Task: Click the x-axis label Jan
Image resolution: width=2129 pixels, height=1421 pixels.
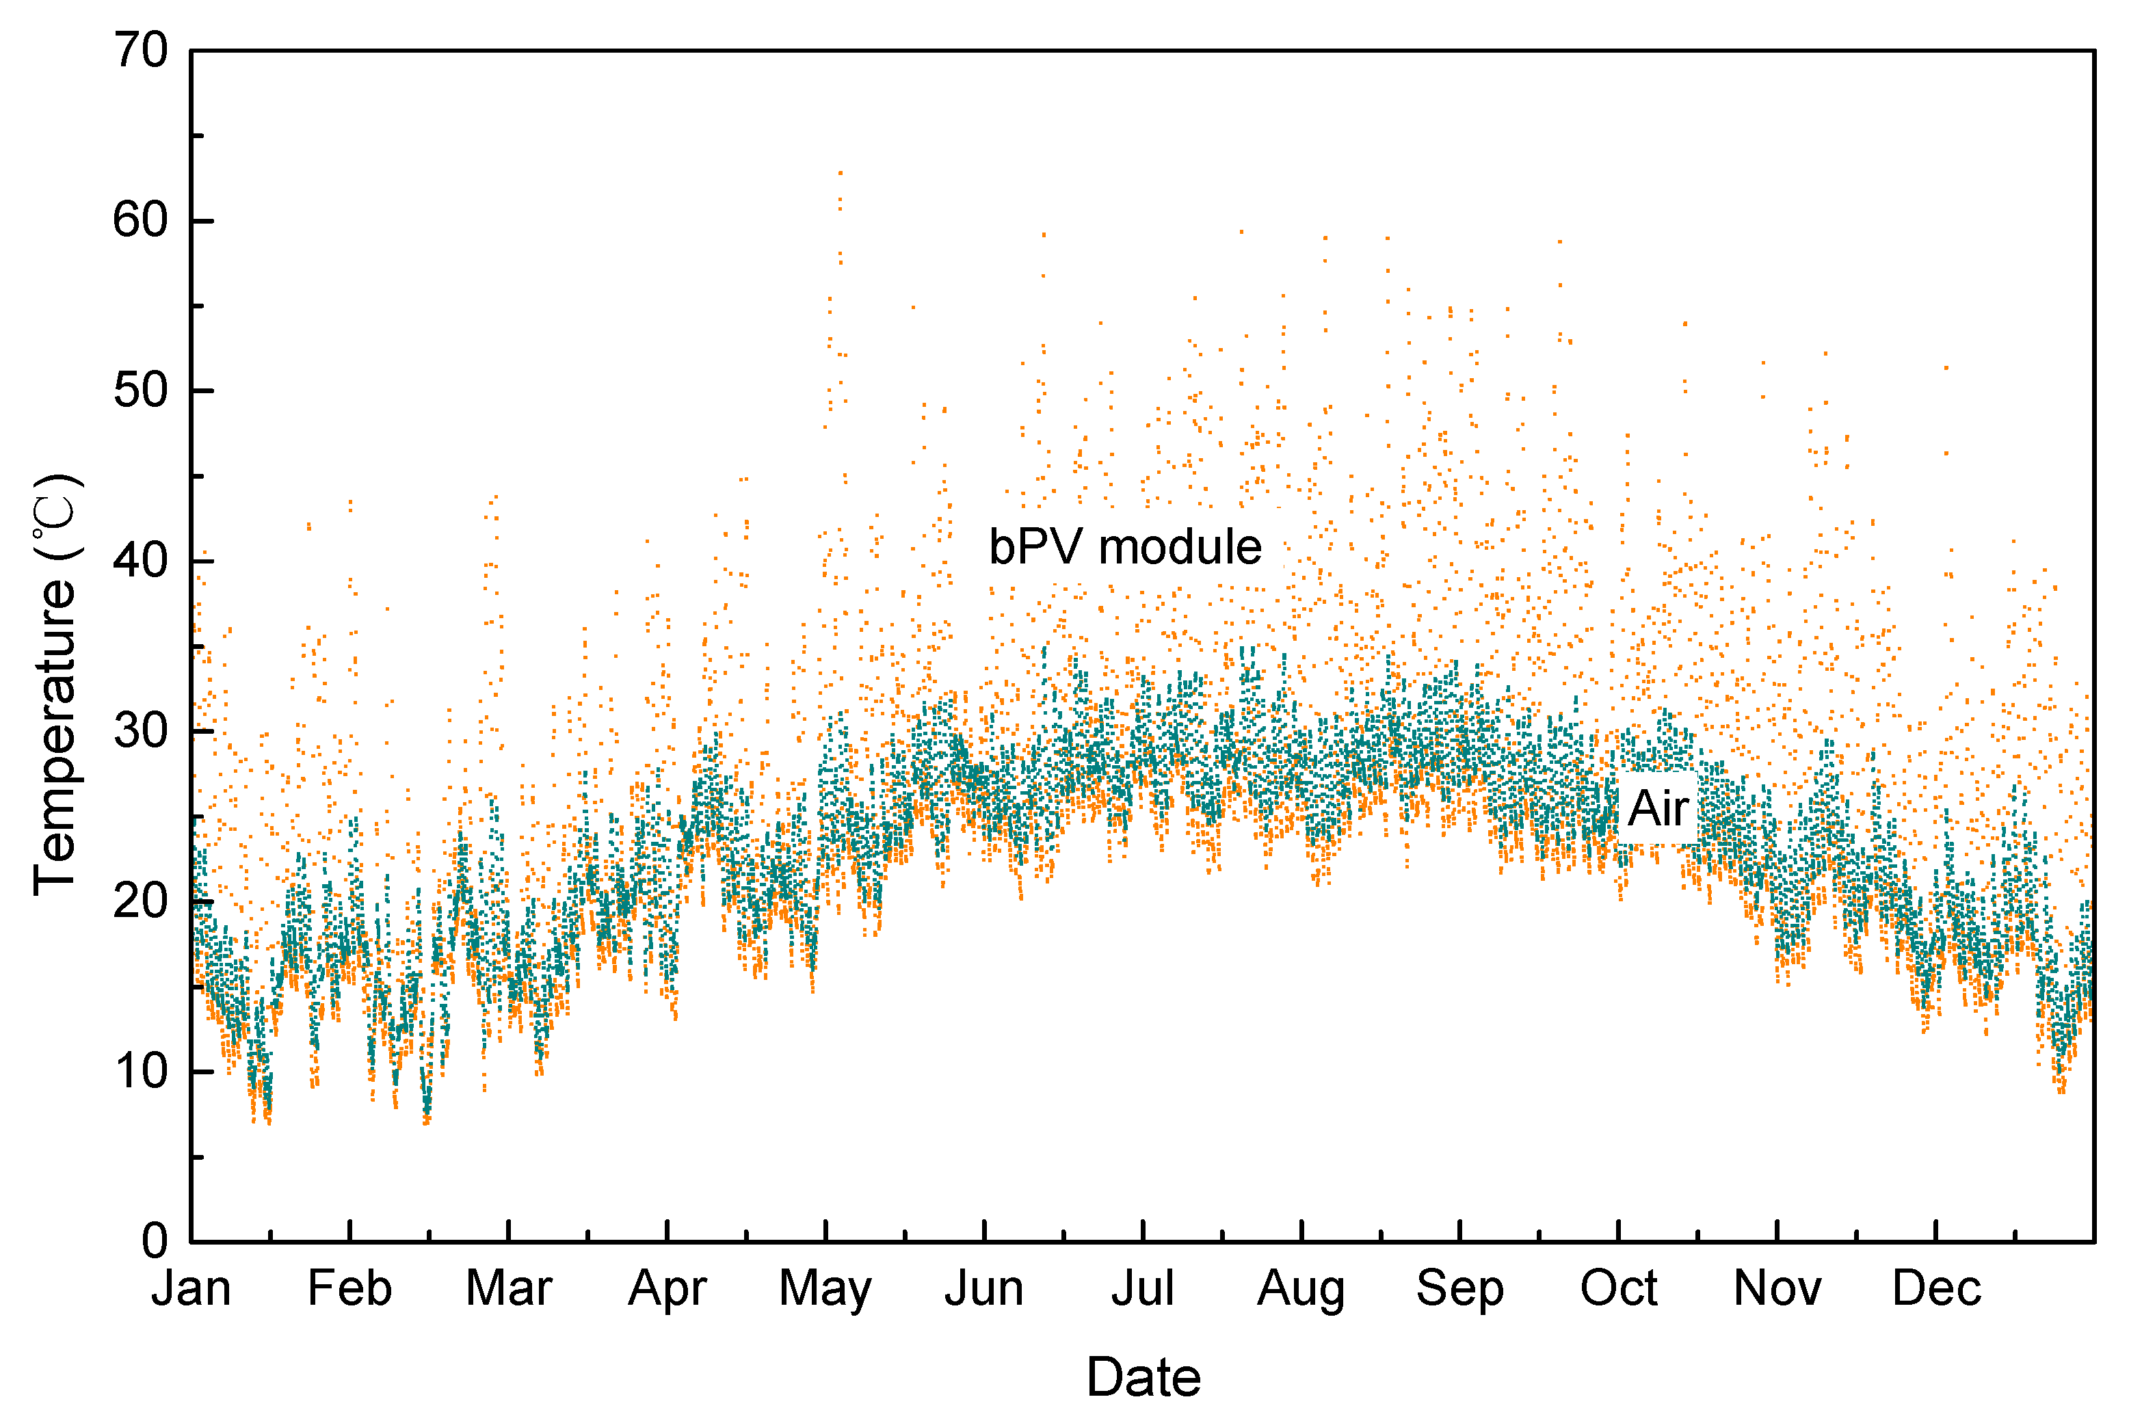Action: pyautogui.click(x=191, y=1288)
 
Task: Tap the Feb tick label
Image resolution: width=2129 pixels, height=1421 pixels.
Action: pyautogui.click(x=350, y=1288)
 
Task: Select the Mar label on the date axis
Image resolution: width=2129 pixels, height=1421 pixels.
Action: pyautogui.click(x=508, y=1288)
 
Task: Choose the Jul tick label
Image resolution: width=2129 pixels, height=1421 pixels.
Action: pyautogui.click(x=1143, y=1288)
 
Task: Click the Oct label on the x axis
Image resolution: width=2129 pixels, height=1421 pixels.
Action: pyautogui.click(x=1619, y=1288)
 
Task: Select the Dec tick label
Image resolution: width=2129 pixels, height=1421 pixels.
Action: pyautogui.click(x=1937, y=1288)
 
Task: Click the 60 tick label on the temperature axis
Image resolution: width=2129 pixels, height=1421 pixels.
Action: pyautogui.click(x=142, y=220)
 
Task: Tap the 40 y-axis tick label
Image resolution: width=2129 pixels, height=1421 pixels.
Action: pyautogui.click(x=142, y=561)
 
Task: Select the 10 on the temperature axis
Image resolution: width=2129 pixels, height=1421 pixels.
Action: pyautogui.click(x=142, y=1071)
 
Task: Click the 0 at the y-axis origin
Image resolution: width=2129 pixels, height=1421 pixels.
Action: pyautogui.click(x=155, y=1240)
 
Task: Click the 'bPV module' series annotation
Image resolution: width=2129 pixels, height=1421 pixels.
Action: pyautogui.click(x=1125, y=547)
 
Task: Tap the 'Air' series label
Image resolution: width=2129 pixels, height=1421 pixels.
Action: pyautogui.click(x=1658, y=808)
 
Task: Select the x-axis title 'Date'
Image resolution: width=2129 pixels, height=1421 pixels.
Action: pyautogui.click(x=1143, y=1377)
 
